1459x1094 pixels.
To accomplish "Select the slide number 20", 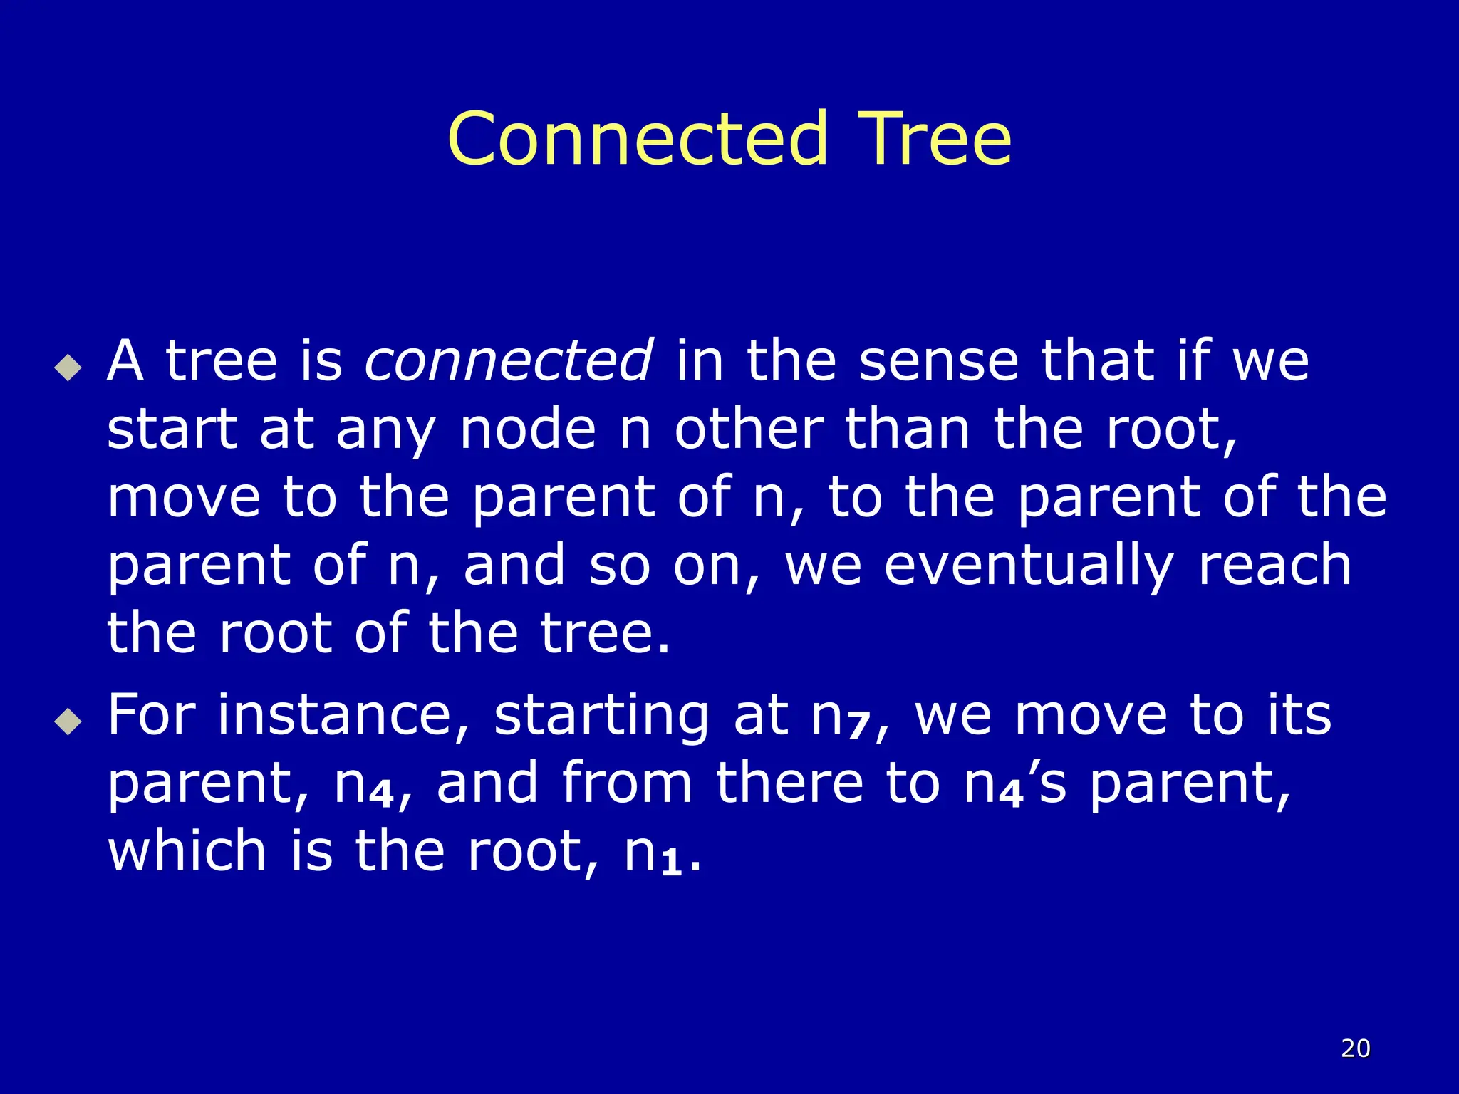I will point(1355,1048).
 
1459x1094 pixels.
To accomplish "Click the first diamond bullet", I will point(68,368).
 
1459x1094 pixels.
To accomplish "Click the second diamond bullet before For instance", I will point(68,721).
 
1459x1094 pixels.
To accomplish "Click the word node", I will point(527,429).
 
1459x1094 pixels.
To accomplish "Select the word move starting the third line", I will point(184,498).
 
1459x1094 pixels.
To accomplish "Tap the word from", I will point(627,783).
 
